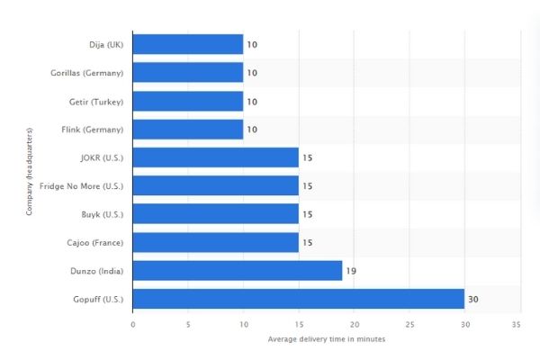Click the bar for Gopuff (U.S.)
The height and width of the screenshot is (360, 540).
pyautogui.click(x=298, y=298)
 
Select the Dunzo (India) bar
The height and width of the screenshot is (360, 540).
pyautogui.click(x=238, y=270)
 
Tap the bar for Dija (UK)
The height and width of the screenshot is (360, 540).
pyautogui.click(x=188, y=44)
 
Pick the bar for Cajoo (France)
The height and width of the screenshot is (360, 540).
pyautogui.click(x=216, y=242)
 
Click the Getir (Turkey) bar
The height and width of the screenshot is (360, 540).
pyautogui.click(x=188, y=101)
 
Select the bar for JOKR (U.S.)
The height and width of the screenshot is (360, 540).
pyautogui.click(x=216, y=157)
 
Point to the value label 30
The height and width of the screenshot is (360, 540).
pyautogui.click(x=472, y=299)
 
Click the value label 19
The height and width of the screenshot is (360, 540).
pyautogui.click(x=351, y=270)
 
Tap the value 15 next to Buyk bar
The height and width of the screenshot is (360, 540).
pyautogui.click(x=307, y=214)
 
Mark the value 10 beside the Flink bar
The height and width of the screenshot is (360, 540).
pyautogui.click(x=252, y=130)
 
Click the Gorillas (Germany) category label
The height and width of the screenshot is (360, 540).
pyautogui.click(x=87, y=73)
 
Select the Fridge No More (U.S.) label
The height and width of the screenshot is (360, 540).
pyautogui.click(x=81, y=185)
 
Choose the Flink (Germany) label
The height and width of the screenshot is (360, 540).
pyautogui.click(x=94, y=130)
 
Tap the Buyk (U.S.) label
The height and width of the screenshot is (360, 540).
pyautogui.click(x=103, y=214)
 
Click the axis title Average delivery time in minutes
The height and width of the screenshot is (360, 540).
pyautogui.click(x=324, y=339)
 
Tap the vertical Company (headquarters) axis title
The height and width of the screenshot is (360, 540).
pyautogui.click(x=30, y=171)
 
